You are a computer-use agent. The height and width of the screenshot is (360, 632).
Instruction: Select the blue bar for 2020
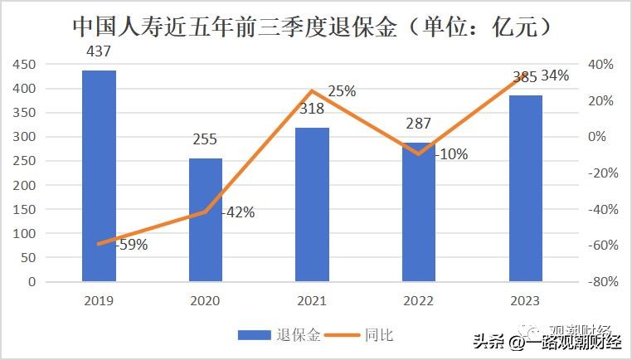click(206, 220)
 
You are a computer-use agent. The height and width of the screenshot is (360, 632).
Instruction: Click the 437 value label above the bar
click(99, 51)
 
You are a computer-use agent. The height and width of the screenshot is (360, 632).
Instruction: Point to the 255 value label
click(206, 140)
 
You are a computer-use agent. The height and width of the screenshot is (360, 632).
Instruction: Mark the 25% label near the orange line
click(341, 91)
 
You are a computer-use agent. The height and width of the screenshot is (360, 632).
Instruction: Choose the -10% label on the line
click(450, 153)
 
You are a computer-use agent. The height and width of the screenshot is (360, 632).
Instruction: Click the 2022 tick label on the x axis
click(419, 300)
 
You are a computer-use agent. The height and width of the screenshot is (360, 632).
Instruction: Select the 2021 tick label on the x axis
click(313, 300)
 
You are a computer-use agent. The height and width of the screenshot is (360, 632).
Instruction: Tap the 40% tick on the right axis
click(600, 65)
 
